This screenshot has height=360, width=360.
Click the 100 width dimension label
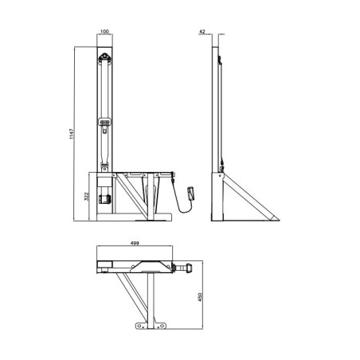104,33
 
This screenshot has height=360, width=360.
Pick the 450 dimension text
209,297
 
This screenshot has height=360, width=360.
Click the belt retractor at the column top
104,59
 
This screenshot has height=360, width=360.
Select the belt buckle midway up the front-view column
104,123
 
